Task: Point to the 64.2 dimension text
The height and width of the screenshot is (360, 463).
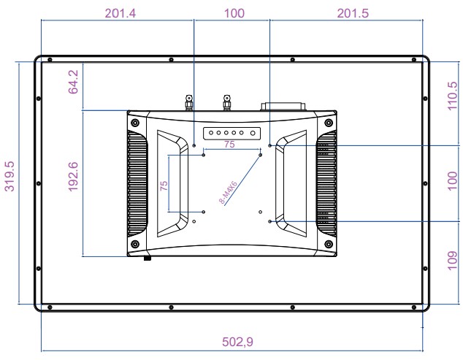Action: pyautogui.click(x=73, y=86)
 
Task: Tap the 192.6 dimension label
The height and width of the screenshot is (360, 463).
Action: pyautogui.click(x=73, y=183)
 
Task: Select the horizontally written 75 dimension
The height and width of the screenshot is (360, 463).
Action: pyautogui.click(x=229, y=145)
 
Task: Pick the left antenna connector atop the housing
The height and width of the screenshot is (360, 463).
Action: pyautogui.click(x=188, y=102)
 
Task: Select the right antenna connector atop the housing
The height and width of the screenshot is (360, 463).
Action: pyautogui.click(x=226, y=102)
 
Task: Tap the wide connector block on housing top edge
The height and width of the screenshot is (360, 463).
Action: pyautogui.click(x=284, y=106)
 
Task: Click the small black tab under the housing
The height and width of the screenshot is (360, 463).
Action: pyautogui.click(x=147, y=257)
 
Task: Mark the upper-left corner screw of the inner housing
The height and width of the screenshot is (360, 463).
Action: pyautogui.click(x=134, y=121)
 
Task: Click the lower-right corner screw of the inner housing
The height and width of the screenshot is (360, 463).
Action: pyautogui.click(x=329, y=243)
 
